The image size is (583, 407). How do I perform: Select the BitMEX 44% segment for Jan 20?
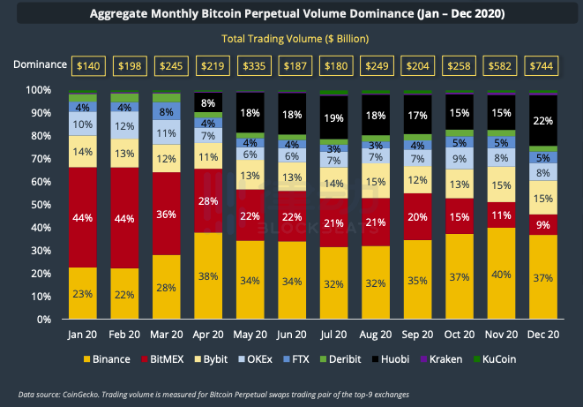coord(83,217)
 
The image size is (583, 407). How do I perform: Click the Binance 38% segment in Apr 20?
coord(209,275)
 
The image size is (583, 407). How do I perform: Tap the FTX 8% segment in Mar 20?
coord(167,113)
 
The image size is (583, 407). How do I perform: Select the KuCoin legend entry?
coord(499,360)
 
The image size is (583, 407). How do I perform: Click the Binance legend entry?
coord(109,360)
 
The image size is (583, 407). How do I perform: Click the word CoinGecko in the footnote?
coord(83,394)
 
